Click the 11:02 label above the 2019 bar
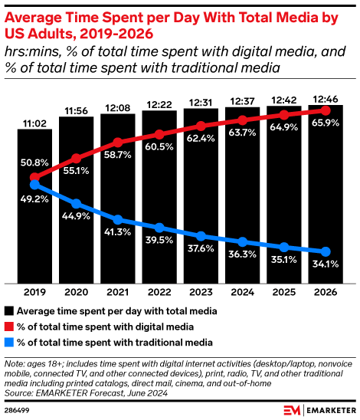pyautogui.click(x=34, y=122)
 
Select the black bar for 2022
pyautogui.click(x=159, y=199)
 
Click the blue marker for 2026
pyautogui.click(x=326, y=251)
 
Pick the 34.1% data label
pyautogui.click(x=326, y=266)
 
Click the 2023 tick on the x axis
pyautogui.click(x=201, y=291)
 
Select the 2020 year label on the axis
pyautogui.click(x=76, y=291)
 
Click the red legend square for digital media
pyautogui.click(x=9, y=327)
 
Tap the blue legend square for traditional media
pyautogui.click(x=9, y=343)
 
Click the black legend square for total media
pyautogui.click(x=9, y=312)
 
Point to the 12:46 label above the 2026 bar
pyautogui.click(x=326, y=97)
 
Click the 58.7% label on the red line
pyautogui.click(x=118, y=154)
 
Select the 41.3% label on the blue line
pyautogui.click(x=118, y=230)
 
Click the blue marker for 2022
pyautogui.click(x=159, y=228)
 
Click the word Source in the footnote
pyautogui.click(x=21, y=392)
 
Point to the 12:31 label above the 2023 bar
pyautogui.click(x=201, y=104)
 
